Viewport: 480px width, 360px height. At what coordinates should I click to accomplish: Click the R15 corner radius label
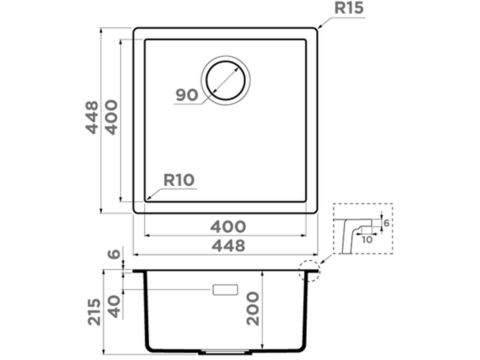click(349, 8)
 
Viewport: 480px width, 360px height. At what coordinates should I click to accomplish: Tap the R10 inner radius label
click(179, 180)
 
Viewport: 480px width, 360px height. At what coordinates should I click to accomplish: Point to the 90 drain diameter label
click(187, 95)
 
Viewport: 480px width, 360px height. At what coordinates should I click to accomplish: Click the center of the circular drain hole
click(226, 81)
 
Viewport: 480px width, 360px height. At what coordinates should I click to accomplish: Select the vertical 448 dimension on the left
click(92, 117)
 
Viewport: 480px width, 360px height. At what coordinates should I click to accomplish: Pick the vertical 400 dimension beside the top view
click(111, 117)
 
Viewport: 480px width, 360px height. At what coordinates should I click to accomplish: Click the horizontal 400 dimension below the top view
click(228, 227)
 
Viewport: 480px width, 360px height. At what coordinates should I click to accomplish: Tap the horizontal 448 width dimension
click(228, 246)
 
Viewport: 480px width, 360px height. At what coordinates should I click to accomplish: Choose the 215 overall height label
click(94, 312)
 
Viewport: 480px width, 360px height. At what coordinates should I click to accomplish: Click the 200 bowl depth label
click(253, 309)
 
